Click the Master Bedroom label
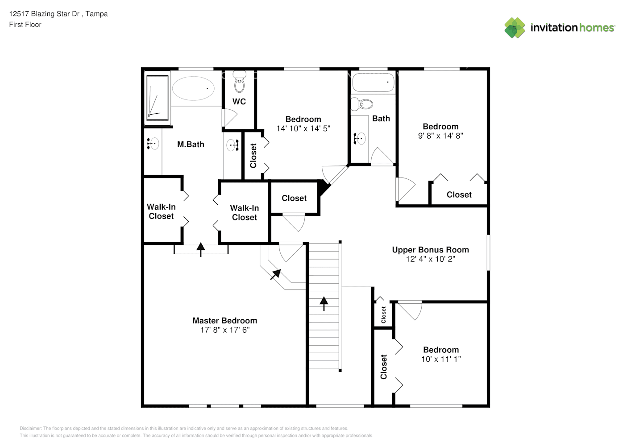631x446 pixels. pos(225,321)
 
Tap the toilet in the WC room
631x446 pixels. pos(240,82)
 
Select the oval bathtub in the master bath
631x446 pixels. pos(193,88)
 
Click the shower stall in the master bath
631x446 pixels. pos(157,98)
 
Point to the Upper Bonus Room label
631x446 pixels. pos(431,250)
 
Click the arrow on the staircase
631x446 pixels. pos(324,304)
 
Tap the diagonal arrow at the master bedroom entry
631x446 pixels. pos(275,275)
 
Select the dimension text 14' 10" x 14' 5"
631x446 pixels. pos(303,129)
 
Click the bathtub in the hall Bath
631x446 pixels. pos(373,82)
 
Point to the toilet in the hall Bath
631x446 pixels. pos(362,104)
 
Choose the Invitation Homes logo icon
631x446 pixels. pos(515,28)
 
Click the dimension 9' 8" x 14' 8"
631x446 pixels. pos(440,136)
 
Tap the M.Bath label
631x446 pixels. pos(191,145)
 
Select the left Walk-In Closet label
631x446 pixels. pos(161,211)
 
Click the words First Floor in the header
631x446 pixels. pos(25,25)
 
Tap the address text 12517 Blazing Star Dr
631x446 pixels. pos(44,14)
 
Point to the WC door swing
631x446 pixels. pos(229,118)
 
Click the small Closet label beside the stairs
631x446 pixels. pos(383,315)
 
